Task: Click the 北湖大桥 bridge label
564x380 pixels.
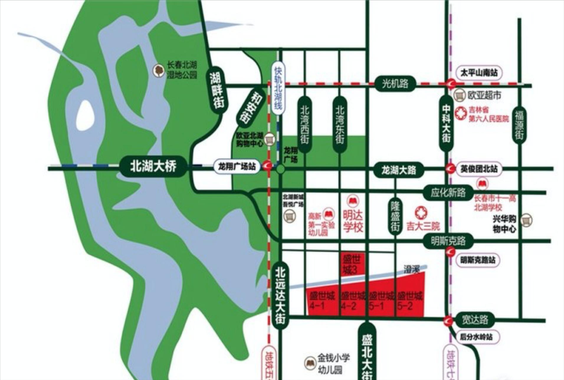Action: (153, 167)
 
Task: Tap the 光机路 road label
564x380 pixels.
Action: (395, 84)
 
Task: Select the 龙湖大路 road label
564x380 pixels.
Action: (399, 170)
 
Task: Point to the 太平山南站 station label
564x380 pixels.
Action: (479, 73)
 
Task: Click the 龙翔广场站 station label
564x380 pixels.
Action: (237, 167)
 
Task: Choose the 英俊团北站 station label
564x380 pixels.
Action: (479, 169)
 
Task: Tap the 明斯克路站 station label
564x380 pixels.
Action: (478, 260)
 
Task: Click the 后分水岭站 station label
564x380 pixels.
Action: (476, 337)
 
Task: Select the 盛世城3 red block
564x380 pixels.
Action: (352, 264)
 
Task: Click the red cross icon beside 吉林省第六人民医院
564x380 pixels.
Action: (460, 113)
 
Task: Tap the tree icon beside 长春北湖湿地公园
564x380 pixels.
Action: (159, 71)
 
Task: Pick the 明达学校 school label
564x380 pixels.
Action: (353, 221)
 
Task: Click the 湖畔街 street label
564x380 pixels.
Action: (217, 91)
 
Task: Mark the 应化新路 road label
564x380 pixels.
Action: (448, 193)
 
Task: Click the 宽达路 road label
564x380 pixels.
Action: (475, 320)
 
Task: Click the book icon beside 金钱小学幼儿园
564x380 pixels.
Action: (310, 363)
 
